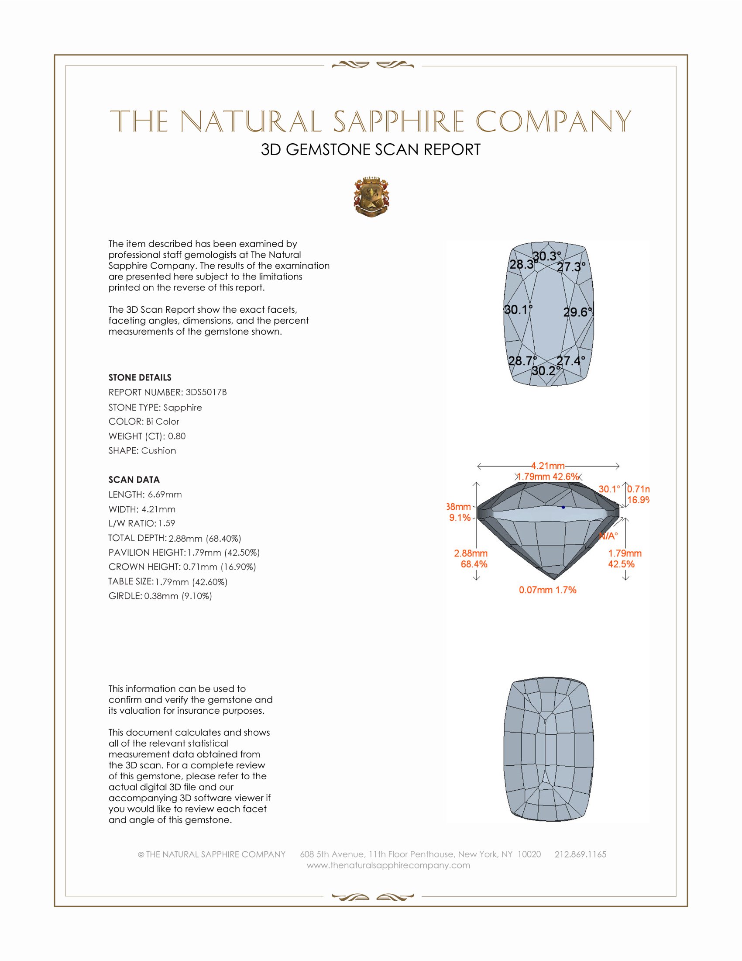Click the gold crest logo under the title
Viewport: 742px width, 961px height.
coord(371,197)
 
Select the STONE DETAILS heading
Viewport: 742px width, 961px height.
coord(140,377)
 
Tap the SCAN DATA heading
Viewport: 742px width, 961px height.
coord(134,480)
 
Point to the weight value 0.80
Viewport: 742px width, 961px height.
coord(177,436)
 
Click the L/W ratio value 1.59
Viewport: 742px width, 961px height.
coord(167,523)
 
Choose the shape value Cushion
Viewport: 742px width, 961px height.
coord(159,451)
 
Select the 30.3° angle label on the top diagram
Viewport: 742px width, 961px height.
coord(547,256)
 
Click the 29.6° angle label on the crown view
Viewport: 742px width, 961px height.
coord(577,312)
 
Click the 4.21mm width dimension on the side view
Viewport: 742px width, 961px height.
coord(548,466)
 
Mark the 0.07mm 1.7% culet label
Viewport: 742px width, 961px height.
coord(547,590)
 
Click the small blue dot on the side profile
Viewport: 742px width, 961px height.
coord(563,507)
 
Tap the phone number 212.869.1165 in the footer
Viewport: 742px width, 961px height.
coord(580,854)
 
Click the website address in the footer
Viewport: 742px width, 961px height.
coord(388,865)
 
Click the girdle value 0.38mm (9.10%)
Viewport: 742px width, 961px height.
coord(178,596)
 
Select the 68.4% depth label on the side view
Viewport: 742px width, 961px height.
coord(474,564)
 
